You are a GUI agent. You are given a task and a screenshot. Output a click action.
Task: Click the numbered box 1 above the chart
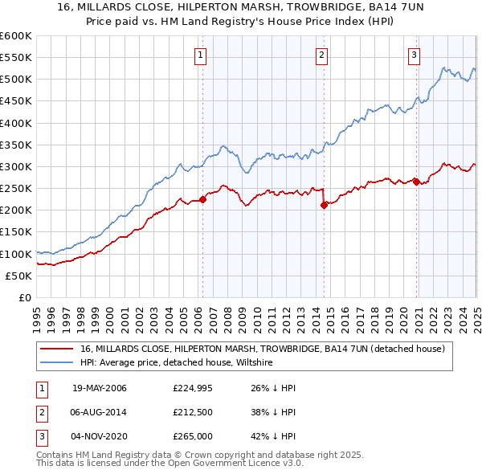point(199,55)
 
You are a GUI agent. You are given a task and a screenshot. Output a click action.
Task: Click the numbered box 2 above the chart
point(321,55)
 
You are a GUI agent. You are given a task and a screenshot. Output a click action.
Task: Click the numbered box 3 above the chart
point(414,55)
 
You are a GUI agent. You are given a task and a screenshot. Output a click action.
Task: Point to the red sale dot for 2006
point(203,200)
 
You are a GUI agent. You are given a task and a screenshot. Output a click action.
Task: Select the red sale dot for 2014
point(324,205)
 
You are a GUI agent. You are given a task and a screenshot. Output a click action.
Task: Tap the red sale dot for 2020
point(416,182)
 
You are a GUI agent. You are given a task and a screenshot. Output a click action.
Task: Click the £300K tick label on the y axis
point(16,166)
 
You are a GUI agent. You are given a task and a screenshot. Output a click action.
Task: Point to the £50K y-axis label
point(18,276)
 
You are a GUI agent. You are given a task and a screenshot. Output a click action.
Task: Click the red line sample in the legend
point(56,349)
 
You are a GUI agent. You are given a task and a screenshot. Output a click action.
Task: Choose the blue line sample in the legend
point(56,363)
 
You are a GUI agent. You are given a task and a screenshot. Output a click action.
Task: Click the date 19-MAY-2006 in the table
point(100,388)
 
